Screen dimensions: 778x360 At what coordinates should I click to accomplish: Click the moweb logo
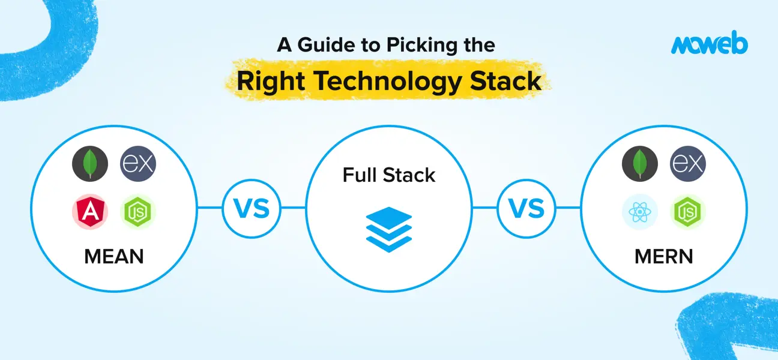709,43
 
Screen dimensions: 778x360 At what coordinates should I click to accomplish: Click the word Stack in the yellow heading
505,81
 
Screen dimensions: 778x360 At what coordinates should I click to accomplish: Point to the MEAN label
114,257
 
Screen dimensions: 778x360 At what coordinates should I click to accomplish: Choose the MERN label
664,257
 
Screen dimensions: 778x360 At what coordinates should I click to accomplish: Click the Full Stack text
388,175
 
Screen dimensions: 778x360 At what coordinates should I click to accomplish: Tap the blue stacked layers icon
388,229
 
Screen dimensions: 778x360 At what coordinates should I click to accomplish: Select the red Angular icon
90,212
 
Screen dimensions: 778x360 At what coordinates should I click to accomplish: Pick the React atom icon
640,212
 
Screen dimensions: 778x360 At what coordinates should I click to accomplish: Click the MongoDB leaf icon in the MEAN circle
90,164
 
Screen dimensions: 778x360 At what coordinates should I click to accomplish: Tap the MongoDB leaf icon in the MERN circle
640,164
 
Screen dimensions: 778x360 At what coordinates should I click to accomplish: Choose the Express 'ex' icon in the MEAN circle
138,164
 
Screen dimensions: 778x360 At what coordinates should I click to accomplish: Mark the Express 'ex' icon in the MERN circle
688,164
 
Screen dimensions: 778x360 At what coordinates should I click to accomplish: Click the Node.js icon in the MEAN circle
138,212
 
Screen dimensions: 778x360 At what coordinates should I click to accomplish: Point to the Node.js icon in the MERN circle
688,212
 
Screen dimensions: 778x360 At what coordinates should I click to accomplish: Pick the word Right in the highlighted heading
271,81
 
